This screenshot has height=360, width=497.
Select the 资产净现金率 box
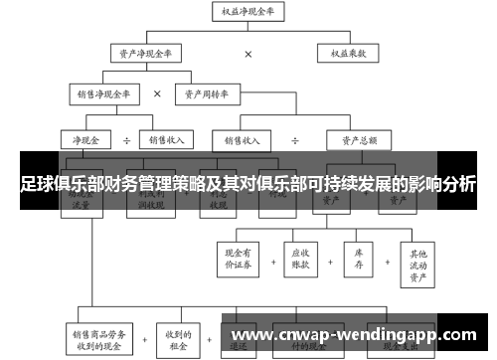152,54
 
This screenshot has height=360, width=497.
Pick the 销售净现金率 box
104,93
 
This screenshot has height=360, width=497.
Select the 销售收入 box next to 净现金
164,140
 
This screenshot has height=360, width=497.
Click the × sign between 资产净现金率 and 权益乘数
248,54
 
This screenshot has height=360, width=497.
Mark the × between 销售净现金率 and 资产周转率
157,93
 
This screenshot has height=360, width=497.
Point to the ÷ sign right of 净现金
126,140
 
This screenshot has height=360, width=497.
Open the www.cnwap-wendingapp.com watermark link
355,334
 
